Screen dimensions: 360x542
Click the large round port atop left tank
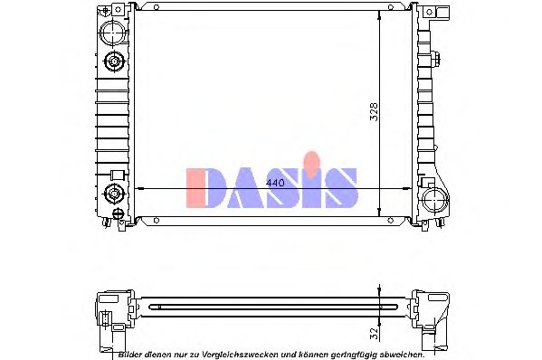(x=114, y=33)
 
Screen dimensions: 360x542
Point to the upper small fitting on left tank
(x=115, y=62)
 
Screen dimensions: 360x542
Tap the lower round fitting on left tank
(x=115, y=192)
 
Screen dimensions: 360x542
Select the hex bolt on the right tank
(x=436, y=61)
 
